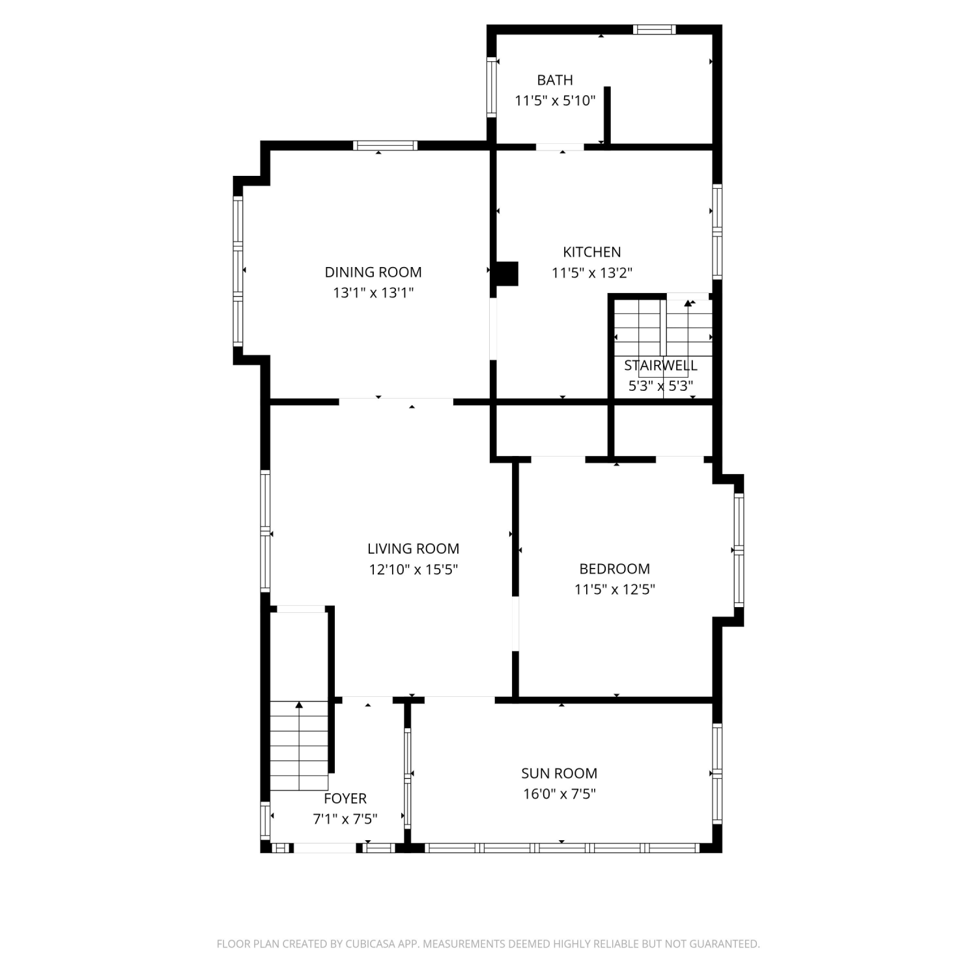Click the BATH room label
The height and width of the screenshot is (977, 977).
pos(555,80)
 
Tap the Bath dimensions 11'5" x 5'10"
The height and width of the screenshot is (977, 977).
pos(555,101)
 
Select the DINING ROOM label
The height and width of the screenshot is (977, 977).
pos(373,272)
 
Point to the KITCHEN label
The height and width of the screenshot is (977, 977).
pos(592,252)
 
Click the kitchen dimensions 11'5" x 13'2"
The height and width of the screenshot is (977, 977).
pos(592,273)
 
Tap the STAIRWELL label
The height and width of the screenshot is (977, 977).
pos(660,365)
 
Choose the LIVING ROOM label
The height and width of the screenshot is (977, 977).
pos(414,549)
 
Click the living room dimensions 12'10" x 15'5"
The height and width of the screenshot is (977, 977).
pos(414,570)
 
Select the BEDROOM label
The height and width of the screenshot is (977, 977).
pos(615,569)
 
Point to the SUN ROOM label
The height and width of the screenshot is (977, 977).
pos(559,773)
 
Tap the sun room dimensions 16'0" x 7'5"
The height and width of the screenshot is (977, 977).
pos(559,794)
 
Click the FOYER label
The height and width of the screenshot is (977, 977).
pos(345,799)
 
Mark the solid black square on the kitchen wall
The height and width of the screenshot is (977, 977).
pos(507,274)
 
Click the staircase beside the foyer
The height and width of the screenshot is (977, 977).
pos(299,746)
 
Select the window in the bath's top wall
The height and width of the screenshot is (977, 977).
pos(654,29)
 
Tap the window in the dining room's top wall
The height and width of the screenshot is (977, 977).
pos(386,145)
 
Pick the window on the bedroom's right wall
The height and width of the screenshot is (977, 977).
pos(739,550)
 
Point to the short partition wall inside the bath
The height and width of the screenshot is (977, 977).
pos(607,115)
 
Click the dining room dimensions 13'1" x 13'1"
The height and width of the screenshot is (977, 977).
pos(373,293)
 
